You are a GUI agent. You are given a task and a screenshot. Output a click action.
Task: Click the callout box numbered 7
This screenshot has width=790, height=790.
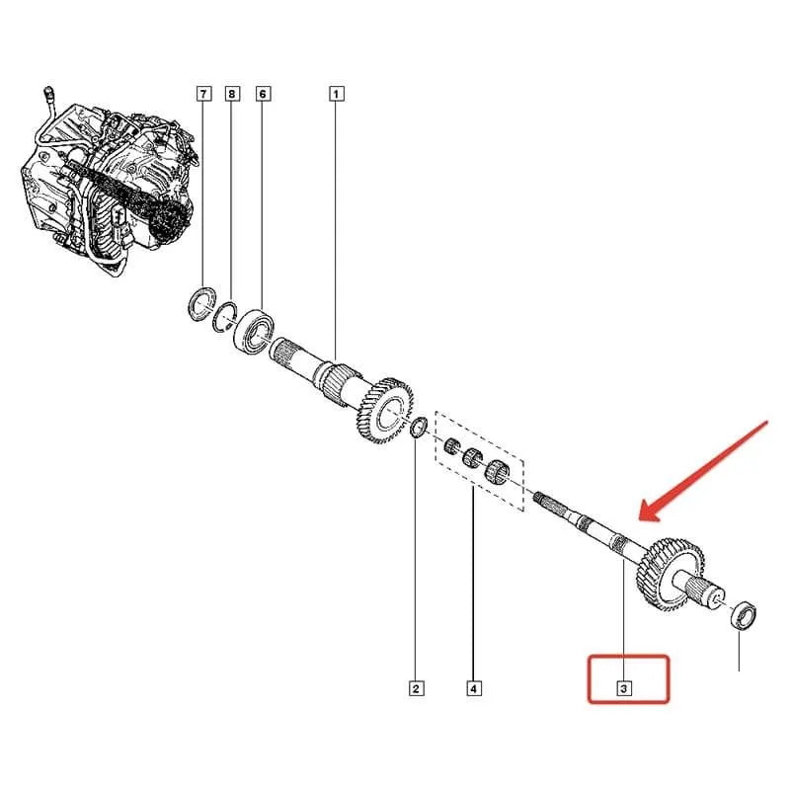(203, 94)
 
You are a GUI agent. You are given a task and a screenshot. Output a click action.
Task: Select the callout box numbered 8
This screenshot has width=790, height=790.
(232, 94)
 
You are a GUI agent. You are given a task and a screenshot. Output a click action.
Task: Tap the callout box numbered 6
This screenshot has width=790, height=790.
(263, 94)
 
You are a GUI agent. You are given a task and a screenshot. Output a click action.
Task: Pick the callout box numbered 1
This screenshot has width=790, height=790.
(337, 94)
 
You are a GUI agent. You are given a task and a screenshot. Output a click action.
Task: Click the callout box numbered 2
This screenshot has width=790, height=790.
(416, 688)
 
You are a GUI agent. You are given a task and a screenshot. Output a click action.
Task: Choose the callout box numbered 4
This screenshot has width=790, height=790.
(474, 688)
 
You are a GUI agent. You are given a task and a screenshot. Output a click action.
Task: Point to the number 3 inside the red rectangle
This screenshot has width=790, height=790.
(624, 688)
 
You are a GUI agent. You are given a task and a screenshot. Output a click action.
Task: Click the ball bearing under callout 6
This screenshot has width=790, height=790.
(255, 330)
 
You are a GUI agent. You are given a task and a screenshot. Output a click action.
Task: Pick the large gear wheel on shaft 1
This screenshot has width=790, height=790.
(385, 411)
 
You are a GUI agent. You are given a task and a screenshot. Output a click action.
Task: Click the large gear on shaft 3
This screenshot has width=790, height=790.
(671, 575)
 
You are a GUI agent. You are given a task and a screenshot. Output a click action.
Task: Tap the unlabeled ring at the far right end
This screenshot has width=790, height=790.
(744, 615)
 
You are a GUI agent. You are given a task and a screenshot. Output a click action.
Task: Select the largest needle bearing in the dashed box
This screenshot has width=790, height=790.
(498, 472)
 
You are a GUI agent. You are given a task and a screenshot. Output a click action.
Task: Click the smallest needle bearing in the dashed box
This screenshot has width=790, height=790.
(451, 446)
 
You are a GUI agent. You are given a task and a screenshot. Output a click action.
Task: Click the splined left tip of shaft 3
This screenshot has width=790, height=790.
(545, 501)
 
